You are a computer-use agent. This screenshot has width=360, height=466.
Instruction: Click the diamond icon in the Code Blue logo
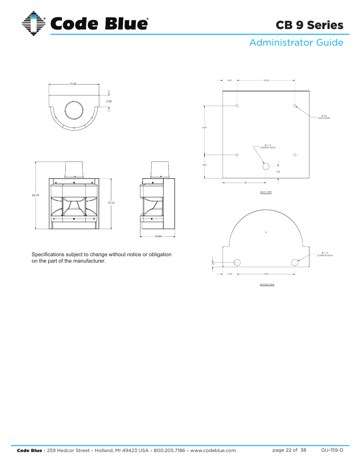click(34, 23)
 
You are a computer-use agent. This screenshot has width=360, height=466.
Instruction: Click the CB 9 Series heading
click(309, 25)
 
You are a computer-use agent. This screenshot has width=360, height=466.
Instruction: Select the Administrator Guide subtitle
click(296, 43)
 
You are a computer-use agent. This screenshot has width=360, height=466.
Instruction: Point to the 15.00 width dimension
click(73, 84)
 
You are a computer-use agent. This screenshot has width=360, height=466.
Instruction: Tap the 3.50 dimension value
click(109, 101)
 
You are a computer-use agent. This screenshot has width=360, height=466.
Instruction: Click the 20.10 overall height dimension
click(35, 195)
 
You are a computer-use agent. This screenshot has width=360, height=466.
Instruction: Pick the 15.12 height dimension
click(111, 203)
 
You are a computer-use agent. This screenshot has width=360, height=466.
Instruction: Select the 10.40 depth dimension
click(158, 237)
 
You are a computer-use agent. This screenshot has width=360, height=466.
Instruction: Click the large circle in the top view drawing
click(74, 111)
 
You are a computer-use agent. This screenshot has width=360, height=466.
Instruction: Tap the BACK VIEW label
click(266, 192)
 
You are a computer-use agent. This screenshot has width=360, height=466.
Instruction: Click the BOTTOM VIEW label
click(267, 285)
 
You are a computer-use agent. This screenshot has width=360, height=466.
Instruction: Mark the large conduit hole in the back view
click(266, 166)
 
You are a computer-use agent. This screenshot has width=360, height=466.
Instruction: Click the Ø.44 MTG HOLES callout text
click(324, 117)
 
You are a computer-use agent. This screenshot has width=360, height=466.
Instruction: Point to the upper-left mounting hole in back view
click(237, 106)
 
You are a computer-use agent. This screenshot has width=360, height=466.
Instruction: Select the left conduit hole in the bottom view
click(237, 263)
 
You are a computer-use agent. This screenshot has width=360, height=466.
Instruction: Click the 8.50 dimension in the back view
click(205, 128)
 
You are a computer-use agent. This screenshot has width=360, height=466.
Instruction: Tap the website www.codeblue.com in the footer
click(213, 450)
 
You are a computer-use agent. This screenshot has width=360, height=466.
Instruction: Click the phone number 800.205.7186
click(169, 450)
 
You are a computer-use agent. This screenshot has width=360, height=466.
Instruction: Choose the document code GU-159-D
click(332, 450)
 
